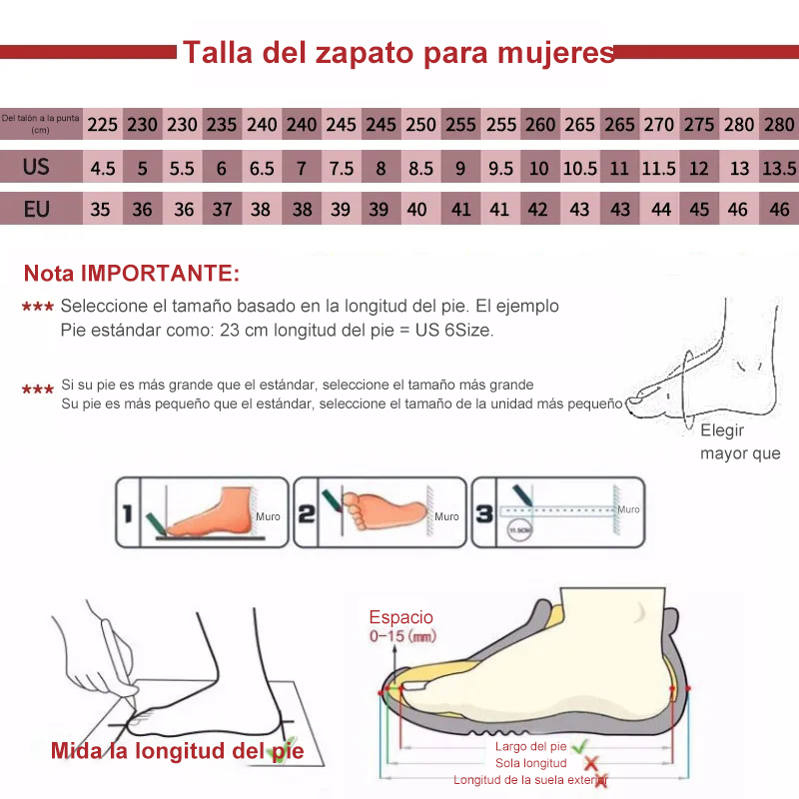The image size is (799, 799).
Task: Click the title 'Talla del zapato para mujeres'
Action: (x=398, y=52)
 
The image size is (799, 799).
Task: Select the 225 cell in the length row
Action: (x=102, y=125)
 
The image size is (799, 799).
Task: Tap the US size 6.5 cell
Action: (x=262, y=168)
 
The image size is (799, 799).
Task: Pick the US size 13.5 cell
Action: (x=778, y=168)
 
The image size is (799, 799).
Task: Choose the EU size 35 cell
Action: (x=101, y=210)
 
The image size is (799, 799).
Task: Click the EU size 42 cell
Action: (x=538, y=210)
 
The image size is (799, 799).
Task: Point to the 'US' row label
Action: (x=37, y=167)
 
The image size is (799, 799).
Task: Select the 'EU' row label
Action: (x=37, y=209)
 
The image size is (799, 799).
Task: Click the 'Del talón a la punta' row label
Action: (x=40, y=124)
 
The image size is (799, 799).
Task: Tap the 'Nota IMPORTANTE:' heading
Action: (x=132, y=273)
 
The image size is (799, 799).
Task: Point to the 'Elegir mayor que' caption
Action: (x=737, y=442)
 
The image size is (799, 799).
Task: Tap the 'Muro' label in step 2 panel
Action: (x=446, y=516)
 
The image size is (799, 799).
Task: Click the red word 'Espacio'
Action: (x=401, y=617)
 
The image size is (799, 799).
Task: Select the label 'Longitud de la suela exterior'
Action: (x=527, y=780)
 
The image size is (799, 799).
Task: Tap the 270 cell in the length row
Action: (x=658, y=125)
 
